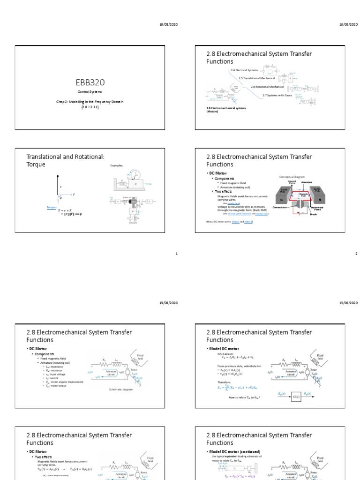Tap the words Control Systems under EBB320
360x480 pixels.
click(x=95, y=92)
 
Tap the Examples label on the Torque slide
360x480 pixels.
click(x=116, y=165)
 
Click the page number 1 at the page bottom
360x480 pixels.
click(x=176, y=254)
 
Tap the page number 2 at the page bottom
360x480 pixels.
click(x=356, y=254)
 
